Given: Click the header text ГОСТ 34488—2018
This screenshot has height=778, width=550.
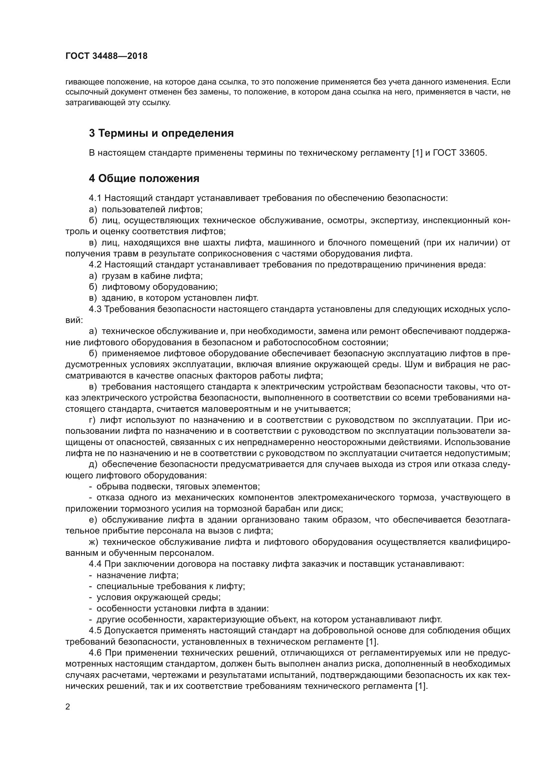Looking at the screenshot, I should pos(106,56).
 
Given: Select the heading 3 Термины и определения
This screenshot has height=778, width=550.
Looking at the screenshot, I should pos(161,133).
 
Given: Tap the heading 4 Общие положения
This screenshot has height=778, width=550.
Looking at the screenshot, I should pos(144,178).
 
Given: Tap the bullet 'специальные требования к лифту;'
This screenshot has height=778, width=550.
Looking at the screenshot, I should pos(171,586).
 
